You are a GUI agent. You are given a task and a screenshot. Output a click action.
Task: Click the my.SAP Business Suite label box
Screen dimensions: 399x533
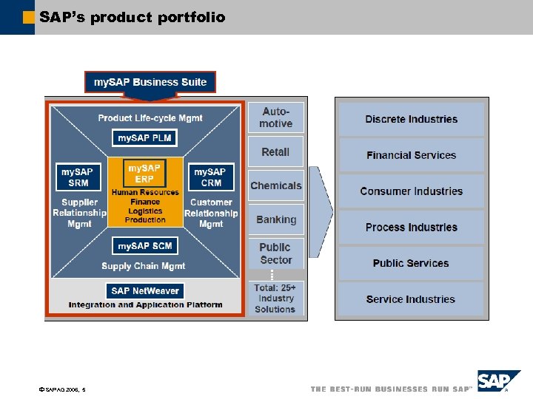pos(150,82)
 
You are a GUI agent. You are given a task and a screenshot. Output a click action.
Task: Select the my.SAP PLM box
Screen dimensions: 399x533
pos(144,138)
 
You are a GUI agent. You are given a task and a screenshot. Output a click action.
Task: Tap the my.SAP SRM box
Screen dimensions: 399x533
pos(78,177)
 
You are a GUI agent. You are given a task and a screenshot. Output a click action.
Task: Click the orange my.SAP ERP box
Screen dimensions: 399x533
pos(145,174)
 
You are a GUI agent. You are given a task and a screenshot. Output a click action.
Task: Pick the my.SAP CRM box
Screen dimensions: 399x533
pos(211,177)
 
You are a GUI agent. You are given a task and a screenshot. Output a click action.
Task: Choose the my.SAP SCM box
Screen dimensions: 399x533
pos(144,246)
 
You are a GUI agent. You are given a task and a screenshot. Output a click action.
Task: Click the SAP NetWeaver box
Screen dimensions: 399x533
pos(145,291)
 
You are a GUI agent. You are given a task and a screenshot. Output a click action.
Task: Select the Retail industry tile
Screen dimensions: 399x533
pos(275,152)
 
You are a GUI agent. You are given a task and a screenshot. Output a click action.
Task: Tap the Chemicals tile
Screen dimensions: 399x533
pos(275,186)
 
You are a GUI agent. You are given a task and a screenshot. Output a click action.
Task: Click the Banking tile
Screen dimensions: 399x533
pos(275,220)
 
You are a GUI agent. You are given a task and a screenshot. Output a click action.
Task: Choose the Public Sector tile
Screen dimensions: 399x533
pos(275,253)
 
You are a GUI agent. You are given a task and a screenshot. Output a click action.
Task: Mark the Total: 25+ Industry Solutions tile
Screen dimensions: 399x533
pos(275,299)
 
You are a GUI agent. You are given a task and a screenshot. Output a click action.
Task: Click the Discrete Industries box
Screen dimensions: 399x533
pos(412,120)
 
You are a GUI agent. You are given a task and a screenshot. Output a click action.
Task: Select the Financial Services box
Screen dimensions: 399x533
pos(412,155)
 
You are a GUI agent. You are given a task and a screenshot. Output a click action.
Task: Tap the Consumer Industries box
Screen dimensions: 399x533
pos(412,191)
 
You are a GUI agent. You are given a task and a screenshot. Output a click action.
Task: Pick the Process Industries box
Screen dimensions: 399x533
pos(412,228)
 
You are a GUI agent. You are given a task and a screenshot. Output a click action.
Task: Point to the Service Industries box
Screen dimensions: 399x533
pos(412,299)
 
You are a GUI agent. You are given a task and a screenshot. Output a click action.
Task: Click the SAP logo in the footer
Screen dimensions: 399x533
pos(498,382)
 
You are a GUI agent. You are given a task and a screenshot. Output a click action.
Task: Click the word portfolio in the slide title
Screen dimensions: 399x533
pos(192,17)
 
